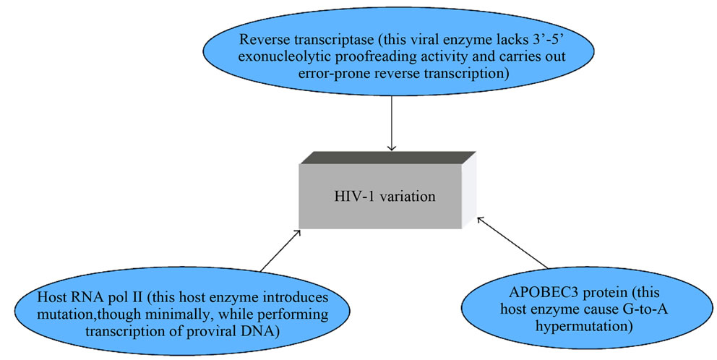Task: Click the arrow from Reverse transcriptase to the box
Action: coord(391,123)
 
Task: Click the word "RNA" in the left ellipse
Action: coord(88,299)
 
